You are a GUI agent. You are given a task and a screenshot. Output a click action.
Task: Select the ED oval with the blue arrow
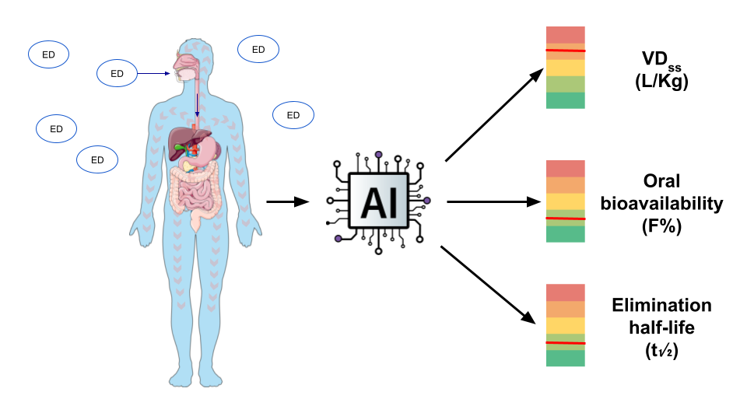117,74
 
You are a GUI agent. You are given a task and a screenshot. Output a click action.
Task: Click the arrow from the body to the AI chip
287,202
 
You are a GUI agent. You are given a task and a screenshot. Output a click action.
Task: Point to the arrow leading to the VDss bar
493,115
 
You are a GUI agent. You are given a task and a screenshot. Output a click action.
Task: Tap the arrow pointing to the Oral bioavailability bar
493,202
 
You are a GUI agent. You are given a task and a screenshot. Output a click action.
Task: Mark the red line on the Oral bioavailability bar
565,219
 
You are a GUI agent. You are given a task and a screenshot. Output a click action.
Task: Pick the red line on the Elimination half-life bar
565,342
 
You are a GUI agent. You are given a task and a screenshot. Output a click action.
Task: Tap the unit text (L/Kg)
661,82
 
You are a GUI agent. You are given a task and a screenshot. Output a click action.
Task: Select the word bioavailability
661,204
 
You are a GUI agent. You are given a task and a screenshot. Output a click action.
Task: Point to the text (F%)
661,225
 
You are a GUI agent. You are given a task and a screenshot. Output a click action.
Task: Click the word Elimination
661,306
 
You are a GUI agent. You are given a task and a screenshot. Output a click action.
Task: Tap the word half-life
661,327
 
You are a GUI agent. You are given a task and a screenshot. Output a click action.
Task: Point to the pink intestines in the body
195,191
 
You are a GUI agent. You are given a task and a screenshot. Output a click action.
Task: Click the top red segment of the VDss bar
565,36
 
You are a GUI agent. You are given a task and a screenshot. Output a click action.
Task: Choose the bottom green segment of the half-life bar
565,358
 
